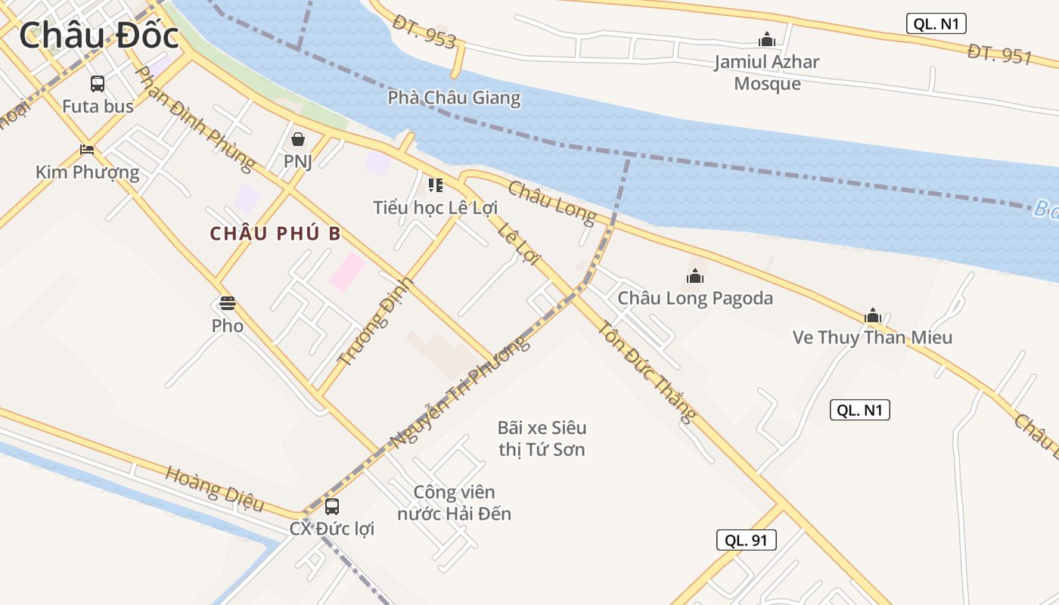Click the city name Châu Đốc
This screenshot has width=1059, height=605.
(98, 36)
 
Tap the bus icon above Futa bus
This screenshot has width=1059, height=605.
(98, 84)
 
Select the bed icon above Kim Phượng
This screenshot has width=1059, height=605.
(87, 150)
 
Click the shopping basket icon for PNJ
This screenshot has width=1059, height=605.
(298, 139)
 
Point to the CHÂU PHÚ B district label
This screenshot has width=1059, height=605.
(275, 234)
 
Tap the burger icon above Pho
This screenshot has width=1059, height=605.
(228, 304)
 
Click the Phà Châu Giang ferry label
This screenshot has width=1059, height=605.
(454, 98)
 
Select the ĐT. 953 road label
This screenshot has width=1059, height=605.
(424, 32)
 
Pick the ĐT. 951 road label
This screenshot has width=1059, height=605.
(999, 53)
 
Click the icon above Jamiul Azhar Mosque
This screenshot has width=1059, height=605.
(767, 39)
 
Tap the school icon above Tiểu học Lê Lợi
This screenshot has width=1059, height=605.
(435, 185)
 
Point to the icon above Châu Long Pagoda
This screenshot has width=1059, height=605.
(695, 277)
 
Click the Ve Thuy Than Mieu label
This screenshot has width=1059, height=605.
(872, 337)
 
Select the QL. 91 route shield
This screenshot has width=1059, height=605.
(746, 540)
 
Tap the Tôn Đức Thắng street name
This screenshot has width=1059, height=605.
(647, 371)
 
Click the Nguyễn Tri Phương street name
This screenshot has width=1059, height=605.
(458, 394)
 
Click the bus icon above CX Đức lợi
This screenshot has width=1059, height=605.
(332, 507)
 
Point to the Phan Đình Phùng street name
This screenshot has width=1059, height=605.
(194, 118)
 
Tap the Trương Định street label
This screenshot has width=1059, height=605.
(377, 321)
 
